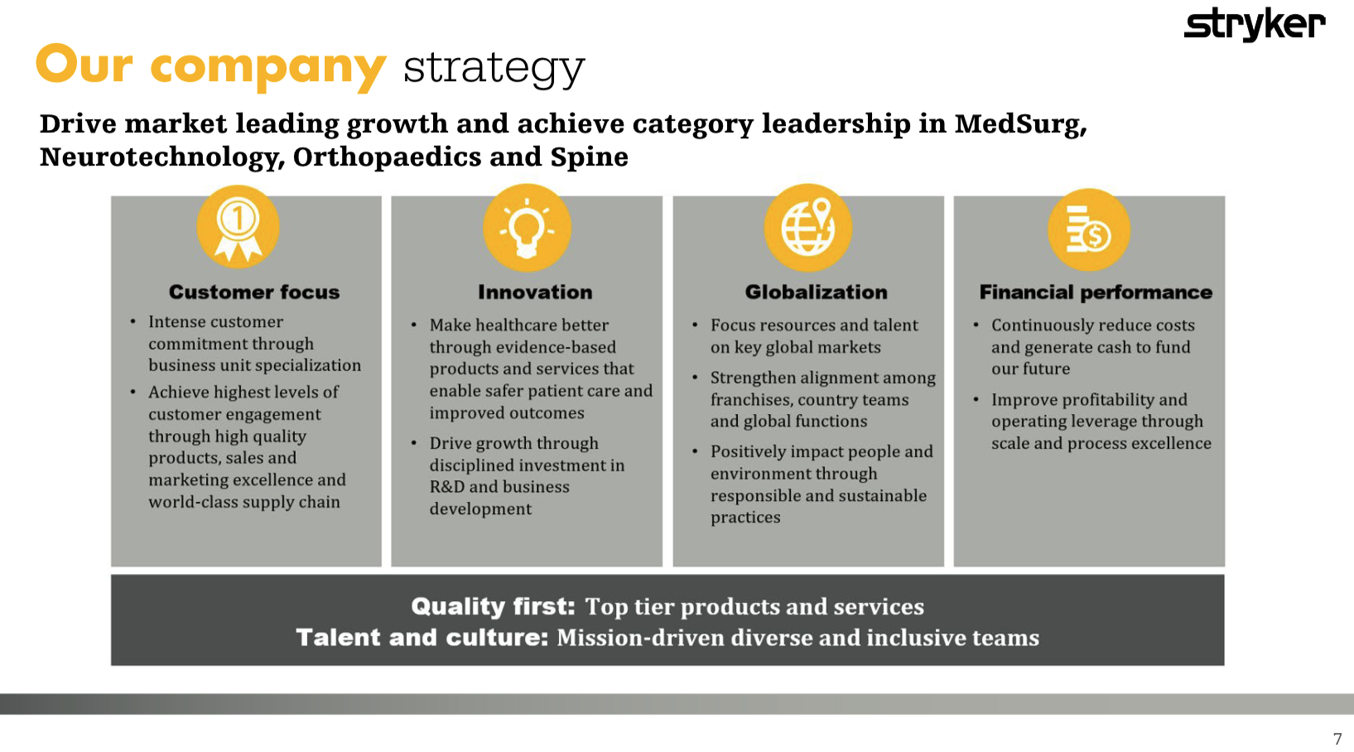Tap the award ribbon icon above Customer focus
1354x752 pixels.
pos(239,227)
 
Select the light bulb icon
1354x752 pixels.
pos(527,227)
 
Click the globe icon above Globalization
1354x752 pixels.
pos(808,227)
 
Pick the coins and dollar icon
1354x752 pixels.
pos(1089,229)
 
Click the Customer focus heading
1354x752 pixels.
pos(254,292)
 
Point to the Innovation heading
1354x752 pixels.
pos(535,292)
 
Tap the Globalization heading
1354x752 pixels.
pos(816,292)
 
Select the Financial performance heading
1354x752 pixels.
pos(1096,292)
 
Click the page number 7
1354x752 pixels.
pos(1337,739)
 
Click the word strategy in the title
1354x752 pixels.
pos(494,68)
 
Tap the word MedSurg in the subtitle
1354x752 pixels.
pos(1021,124)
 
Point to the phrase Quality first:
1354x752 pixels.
pos(493,606)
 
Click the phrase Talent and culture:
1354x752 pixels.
pos(422,638)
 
